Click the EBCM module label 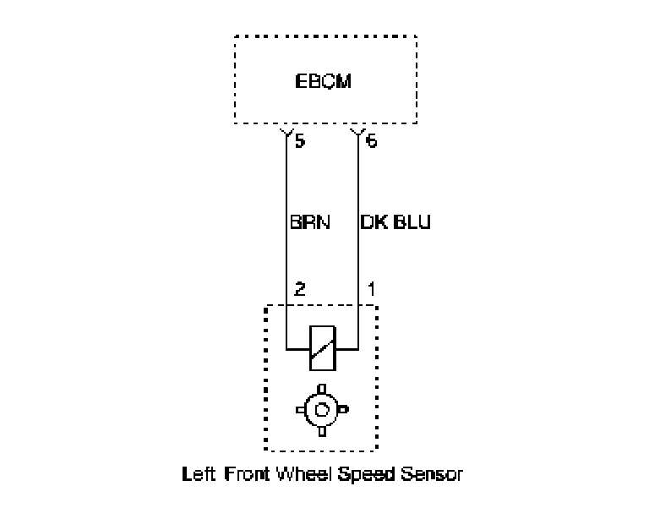pos(324,81)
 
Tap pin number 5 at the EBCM pos(300,141)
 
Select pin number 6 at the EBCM pos(371,141)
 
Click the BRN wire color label pos(310,222)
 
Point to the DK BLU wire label pos(395,222)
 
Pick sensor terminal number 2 pos(300,289)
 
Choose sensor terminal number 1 pos(371,289)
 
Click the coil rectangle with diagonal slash pos(323,348)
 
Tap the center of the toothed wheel pos(322,410)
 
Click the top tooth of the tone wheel pos(322,389)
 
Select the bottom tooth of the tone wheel pos(322,432)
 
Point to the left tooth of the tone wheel pos(301,410)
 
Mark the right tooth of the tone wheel pos(343,410)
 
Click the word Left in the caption pos(199,474)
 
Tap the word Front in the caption pos(247,474)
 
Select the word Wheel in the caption pos(304,474)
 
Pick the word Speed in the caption pos(366,475)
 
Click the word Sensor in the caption pos(432,474)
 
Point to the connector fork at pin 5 pos(286,133)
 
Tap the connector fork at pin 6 pos(358,133)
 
